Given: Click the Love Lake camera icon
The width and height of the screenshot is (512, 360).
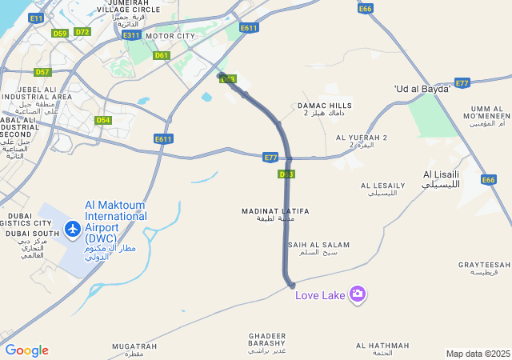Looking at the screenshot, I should [x=358, y=294].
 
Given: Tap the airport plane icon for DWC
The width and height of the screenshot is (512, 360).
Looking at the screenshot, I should [x=74, y=230].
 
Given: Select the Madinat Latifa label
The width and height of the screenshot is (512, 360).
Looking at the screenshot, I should [x=275, y=214].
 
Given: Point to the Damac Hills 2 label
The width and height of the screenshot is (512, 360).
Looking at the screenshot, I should [x=324, y=109].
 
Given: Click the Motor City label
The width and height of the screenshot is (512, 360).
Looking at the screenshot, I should [x=170, y=36].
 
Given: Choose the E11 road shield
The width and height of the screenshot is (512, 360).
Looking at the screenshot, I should [x=36, y=18].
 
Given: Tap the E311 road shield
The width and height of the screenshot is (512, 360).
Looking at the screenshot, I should [x=131, y=36].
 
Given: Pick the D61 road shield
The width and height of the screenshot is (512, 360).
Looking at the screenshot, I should [x=162, y=55].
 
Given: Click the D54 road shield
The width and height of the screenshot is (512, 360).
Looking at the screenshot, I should [x=102, y=120].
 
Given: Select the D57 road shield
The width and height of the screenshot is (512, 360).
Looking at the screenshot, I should [x=42, y=72].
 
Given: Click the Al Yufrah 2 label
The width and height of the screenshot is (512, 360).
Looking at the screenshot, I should [x=362, y=141].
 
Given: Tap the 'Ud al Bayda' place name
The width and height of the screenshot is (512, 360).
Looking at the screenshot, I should [x=422, y=88].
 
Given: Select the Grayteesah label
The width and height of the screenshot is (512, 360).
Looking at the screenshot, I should [x=484, y=268].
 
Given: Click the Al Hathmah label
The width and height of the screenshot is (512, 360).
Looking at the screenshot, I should [x=382, y=349].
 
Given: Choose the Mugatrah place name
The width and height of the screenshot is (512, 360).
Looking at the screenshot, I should [x=129, y=349].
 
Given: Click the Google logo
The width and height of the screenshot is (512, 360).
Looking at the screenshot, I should [x=26, y=350].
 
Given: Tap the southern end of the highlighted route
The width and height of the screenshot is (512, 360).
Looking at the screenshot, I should [x=292, y=285].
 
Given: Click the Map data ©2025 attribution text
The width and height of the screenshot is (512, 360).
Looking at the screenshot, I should [x=478, y=354].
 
